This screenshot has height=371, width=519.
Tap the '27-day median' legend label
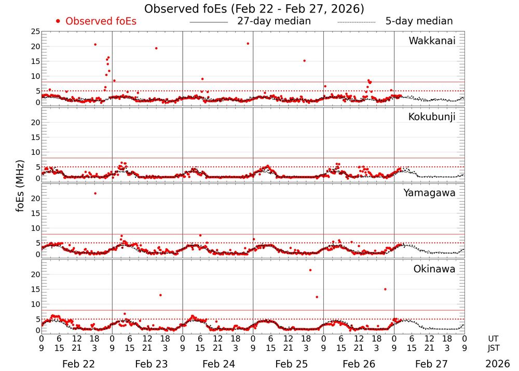click(274, 21)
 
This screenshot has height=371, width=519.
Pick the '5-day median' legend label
click(419, 21)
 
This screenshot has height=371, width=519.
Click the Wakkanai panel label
click(432, 41)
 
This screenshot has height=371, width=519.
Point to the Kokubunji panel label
click(432, 117)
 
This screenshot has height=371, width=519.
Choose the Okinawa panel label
click(434, 269)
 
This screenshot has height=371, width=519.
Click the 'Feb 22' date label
click(77, 364)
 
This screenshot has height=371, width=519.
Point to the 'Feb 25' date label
click(288, 364)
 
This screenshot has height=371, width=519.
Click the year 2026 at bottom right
click(497, 364)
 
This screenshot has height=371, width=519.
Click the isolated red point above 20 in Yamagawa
click(95, 193)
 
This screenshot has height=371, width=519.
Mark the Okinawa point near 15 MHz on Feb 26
click(385, 289)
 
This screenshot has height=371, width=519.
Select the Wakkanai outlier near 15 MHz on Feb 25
click(304, 61)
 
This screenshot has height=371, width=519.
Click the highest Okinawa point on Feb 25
click(310, 270)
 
